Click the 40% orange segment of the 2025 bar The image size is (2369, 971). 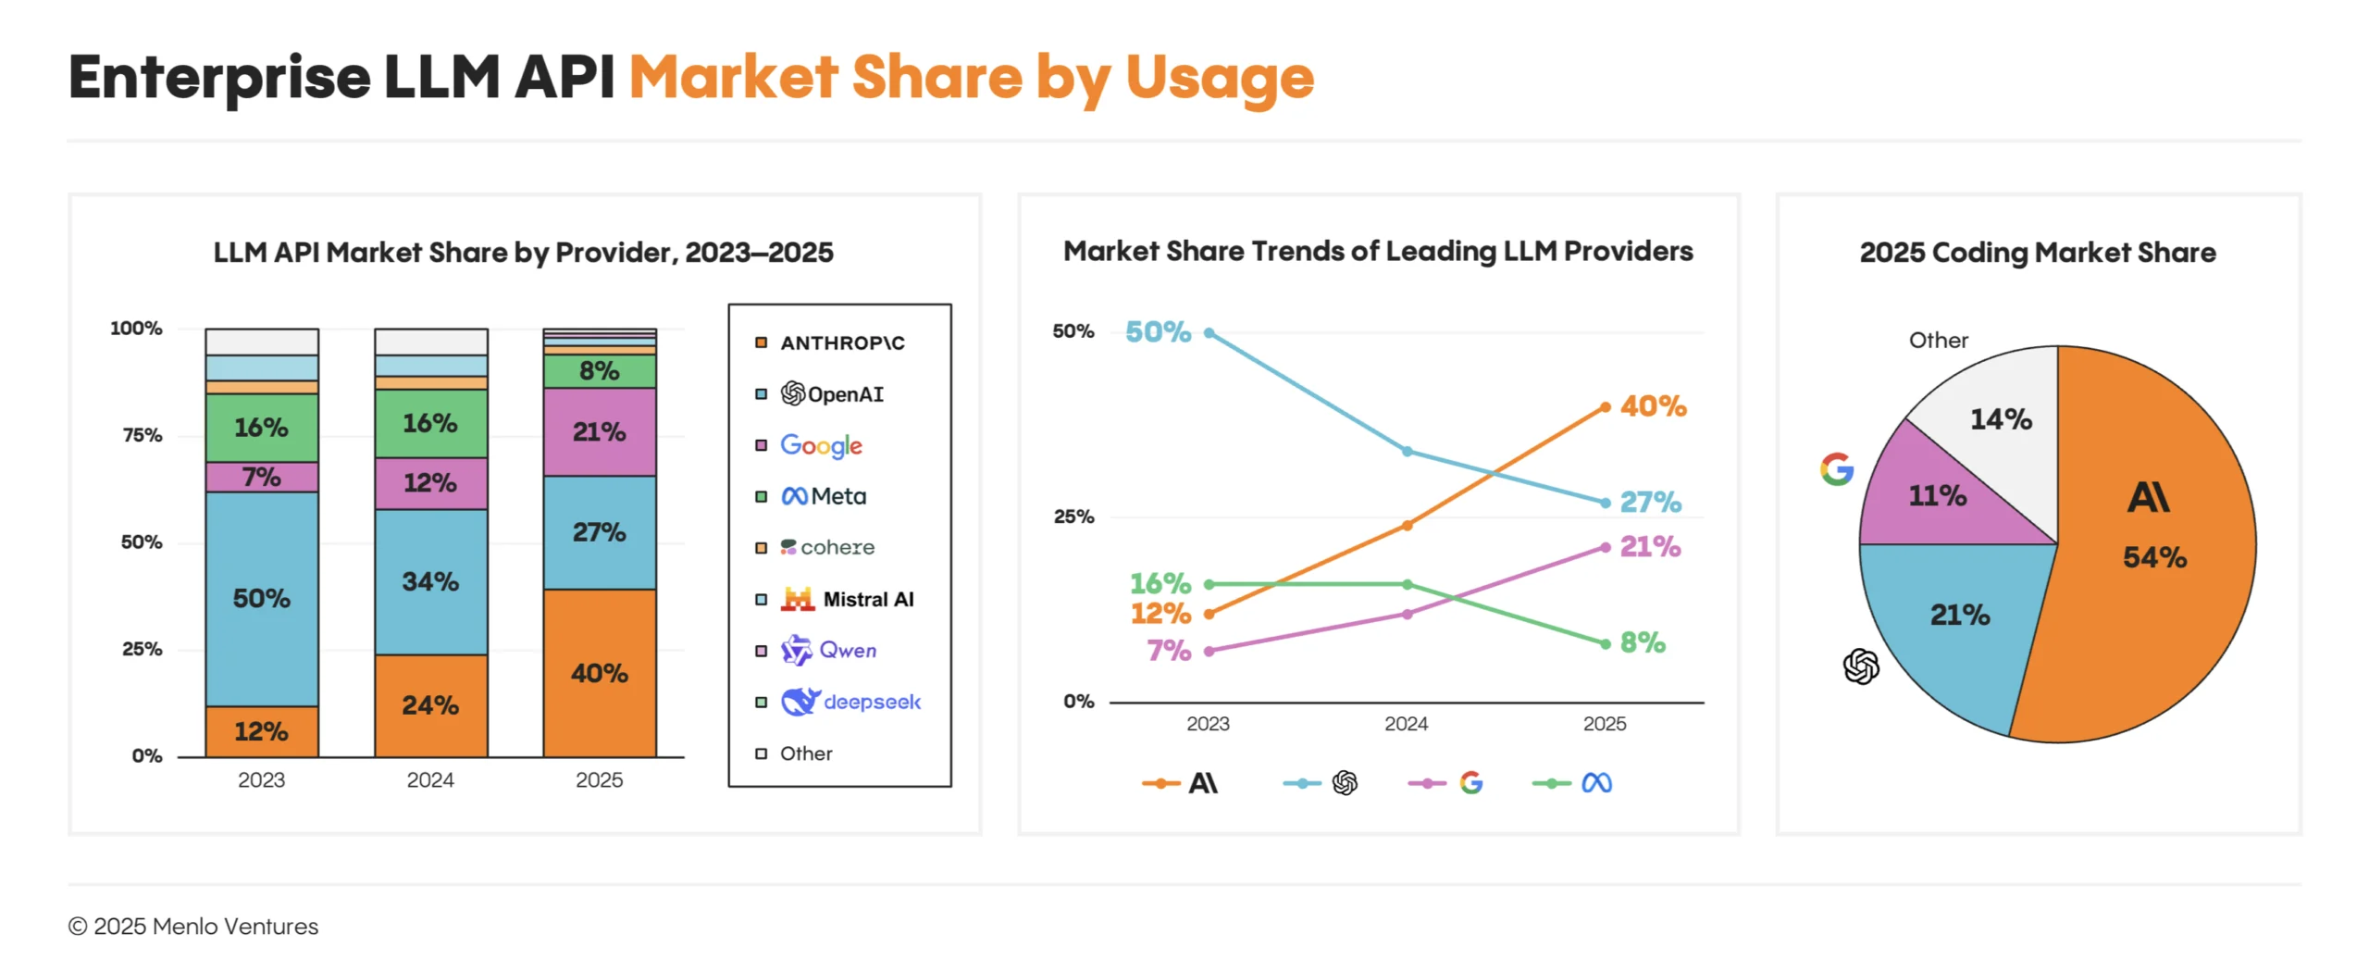point(599,673)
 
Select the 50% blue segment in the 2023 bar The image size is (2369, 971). point(261,598)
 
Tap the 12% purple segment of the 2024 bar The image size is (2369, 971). point(430,482)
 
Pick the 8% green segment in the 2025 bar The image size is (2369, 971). point(599,370)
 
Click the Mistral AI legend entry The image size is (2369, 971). point(847,599)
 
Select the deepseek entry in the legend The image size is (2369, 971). point(850,702)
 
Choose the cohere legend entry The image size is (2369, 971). point(827,547)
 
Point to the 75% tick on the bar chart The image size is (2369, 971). point(142,435)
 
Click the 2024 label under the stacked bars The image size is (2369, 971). point(430,779)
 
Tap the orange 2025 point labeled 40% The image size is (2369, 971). point(1605,406)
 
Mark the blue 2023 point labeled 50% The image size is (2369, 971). point(1209,332)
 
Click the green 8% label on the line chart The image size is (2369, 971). point(1642,642)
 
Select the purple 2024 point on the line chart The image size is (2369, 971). point(1407,614)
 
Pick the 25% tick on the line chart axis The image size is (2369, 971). point(1073,517)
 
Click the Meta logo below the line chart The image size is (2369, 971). point(1596,783)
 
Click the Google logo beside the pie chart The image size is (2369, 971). point(1837,469)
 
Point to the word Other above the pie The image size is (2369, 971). point(1938,340)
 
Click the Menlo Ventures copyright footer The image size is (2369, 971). point(192,926)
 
